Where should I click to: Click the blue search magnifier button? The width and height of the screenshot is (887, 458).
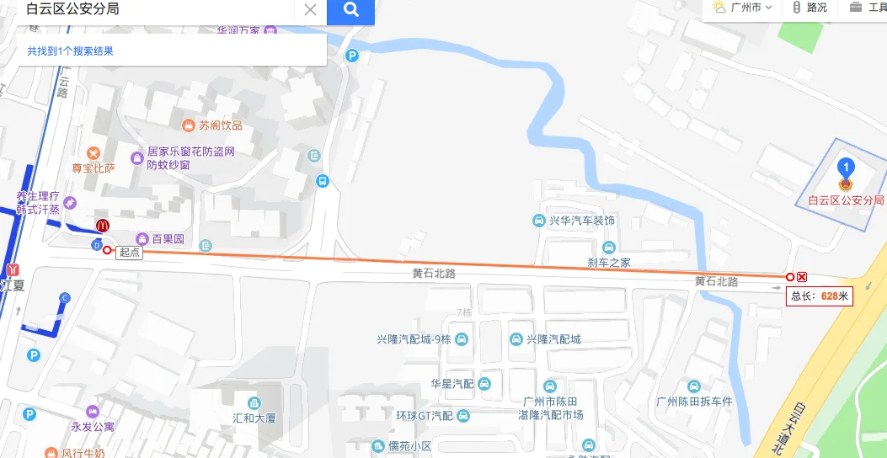(350, 10)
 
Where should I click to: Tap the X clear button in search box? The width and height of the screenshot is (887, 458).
(310, 10)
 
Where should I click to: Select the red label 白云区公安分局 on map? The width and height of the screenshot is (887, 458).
(846, 200)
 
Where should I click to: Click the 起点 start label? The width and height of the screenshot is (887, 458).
(130, 252)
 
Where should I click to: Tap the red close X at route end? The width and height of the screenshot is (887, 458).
(802, 277)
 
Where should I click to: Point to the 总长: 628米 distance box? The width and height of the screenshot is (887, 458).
(820, 296)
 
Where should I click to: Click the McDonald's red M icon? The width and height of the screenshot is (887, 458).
(103, 226)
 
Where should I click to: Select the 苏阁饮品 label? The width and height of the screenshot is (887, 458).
(221, 125)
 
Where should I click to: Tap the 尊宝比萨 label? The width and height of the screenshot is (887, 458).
(93, 168)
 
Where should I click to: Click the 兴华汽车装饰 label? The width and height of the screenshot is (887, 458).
(582, 221)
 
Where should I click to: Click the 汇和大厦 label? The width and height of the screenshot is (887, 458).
(254, 418)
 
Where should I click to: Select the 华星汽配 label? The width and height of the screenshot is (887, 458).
(452, 384)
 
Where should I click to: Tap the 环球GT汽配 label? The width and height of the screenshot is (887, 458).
(425, 416)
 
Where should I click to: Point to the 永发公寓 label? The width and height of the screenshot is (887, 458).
(93, 426)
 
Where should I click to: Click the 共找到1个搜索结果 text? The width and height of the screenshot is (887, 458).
(70, 51)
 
